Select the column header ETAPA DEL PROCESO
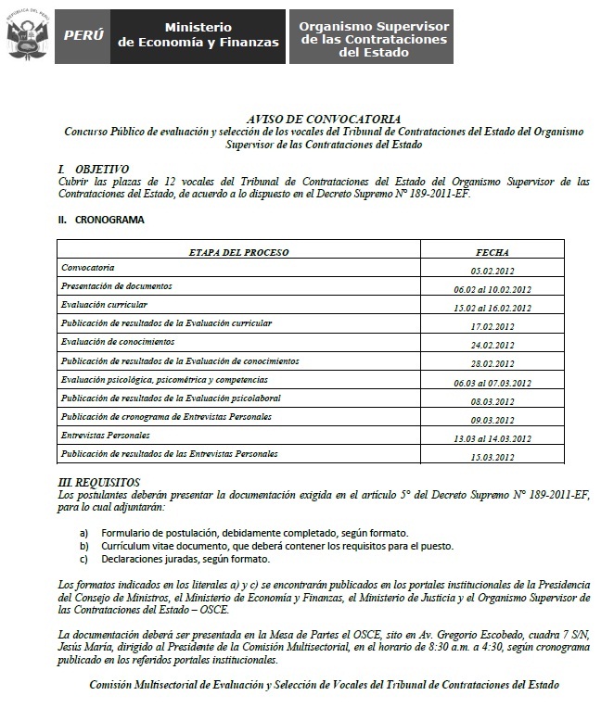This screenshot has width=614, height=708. point(238,251)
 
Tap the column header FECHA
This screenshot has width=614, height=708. point(492,251)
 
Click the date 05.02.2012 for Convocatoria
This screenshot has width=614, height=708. point(493,270)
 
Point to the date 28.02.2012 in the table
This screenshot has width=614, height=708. point(493,363)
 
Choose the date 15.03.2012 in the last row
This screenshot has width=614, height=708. point(493,457)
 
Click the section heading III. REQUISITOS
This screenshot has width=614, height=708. point(99,482)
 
